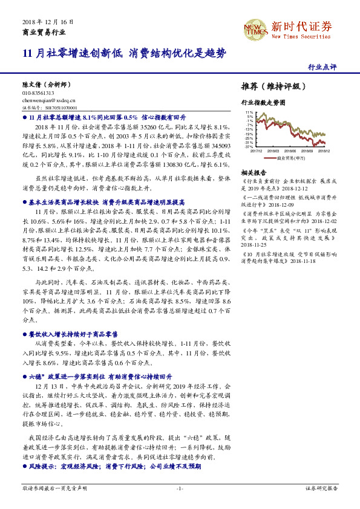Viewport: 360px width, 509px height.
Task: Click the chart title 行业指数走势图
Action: coord(263,103)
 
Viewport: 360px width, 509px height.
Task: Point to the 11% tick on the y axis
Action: coord(249,112)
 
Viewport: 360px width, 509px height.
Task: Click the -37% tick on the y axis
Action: coord(249,146)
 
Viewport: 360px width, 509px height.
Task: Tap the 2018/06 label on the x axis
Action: coord(290,151)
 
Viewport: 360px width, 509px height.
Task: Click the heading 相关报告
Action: coord(250,172)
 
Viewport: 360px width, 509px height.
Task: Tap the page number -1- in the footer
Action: coord(180,487)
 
